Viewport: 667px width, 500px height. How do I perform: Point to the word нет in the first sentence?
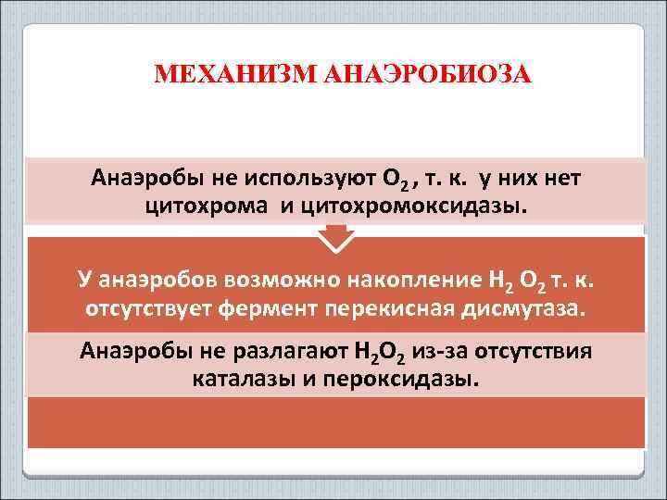point(565,177)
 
